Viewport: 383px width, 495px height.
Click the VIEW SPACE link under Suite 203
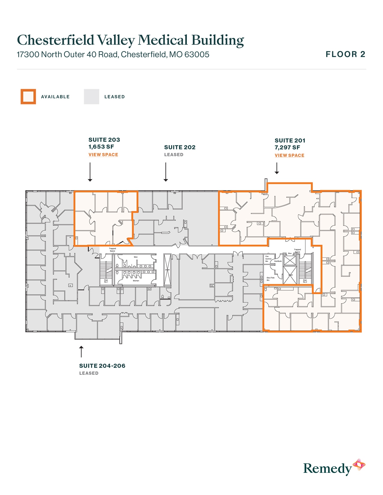pos(103,154)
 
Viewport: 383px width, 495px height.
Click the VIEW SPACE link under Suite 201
pos(289,155)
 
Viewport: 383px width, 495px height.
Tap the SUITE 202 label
pos(180,147)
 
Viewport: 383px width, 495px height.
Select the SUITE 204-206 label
pos(102,366)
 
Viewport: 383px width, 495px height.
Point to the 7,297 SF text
pos(287,147)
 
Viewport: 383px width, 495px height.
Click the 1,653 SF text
pos(101,147)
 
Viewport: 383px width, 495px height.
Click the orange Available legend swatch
pos(28,97)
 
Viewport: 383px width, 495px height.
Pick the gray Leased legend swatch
pos(91,97)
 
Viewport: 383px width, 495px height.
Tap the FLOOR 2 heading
pos(345,54)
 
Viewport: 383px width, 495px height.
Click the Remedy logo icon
pos(359,465)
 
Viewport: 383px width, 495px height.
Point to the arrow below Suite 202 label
pos(166,172)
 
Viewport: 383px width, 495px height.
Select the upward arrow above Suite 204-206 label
pos(81,351)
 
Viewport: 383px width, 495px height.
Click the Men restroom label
pos(136,257)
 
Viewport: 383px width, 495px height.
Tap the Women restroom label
pos(136,281)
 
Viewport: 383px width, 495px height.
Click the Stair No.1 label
pos(106,281)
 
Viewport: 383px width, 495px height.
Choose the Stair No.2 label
pos(305,281)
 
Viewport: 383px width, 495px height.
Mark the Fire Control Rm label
pos(268,259)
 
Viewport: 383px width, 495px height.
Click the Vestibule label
pos(278,261)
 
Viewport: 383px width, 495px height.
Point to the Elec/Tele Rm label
pos(270,279)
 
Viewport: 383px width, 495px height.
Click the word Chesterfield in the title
pos(56,40)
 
